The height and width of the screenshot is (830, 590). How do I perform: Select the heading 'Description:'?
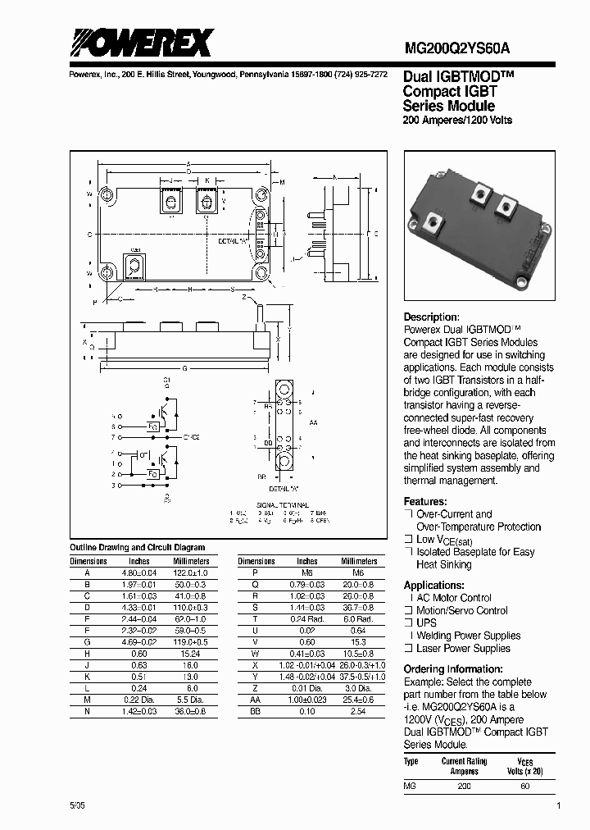[431, 317]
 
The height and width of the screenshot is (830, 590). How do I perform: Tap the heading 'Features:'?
[425, 501]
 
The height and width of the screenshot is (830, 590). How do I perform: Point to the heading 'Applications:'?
[434, 585]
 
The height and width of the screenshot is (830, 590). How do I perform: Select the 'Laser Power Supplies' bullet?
[463, 648]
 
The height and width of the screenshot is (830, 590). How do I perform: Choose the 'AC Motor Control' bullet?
[454, 598]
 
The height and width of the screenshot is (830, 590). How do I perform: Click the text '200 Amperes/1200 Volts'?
[457, 121]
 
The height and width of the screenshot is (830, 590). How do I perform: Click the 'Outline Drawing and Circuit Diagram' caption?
[137, 547]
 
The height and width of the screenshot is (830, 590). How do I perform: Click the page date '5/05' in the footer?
[77, 806]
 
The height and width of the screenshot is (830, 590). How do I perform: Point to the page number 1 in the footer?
[558, 806]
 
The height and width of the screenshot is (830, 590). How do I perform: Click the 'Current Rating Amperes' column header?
[465, 766]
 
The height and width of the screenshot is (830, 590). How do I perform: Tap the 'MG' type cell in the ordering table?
[410, 786]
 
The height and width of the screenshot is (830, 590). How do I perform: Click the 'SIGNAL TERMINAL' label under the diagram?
[281, 505]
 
